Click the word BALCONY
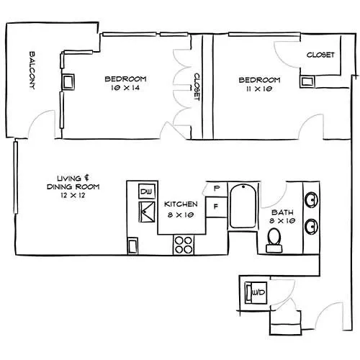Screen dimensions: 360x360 pyautogui.click(x=32, y=71)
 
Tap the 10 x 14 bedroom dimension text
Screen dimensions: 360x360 pyautogui.click(x=125, y=88)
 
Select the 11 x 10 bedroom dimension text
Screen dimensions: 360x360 pyautogui.click(x=259, y=89)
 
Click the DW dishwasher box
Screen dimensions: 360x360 pyautogui.click(x=147, y=192)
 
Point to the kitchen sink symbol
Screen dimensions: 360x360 pyautogui.click(x=147, y=212)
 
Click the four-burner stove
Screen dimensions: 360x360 pyautogui.click(x=184, y=245)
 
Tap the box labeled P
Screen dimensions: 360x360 pyautogui.click(x=217, y=189)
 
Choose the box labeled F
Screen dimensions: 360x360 pyautogui.click(x=216, y=207)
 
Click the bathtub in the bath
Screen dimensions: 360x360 pyautogui.click(x=243, y=207)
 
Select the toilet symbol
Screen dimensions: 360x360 pyautogui.click(x=274, y=240)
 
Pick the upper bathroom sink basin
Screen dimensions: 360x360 pyautogui.click(x=311, y=199)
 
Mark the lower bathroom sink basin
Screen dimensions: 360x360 pyautogui.click(x=311, y=226)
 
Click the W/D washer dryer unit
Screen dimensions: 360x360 pyautogui.click(x=256, y=292)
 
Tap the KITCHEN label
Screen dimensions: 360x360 pyautogui.click(x=181, y=204)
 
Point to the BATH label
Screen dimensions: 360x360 pyautogui.click(x=282, y=212)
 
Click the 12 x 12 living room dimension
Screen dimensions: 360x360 pyautogui.click(x=73, y=195)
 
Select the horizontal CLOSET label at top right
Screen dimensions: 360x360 pyautogui.click(x=320, y=55)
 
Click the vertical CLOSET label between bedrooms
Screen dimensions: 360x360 pyautogui.click(x=197, y=87)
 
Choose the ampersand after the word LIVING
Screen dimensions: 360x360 pyautogui.click(x=86, y=178)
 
